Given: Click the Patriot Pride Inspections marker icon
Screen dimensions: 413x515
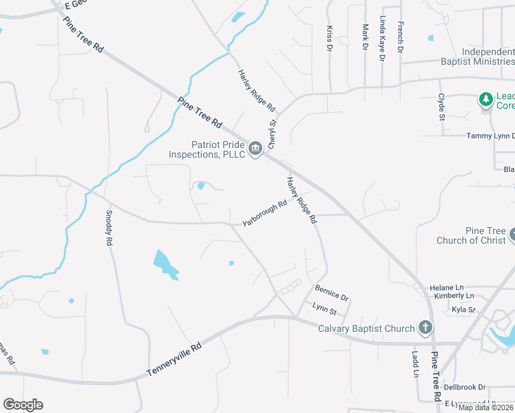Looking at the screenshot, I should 255,149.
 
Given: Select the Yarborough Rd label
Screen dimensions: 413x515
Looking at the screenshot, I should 264,213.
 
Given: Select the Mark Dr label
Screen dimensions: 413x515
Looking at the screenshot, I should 366,37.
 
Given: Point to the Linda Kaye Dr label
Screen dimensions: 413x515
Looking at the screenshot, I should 382,41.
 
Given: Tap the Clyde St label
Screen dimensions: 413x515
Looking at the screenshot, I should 441,109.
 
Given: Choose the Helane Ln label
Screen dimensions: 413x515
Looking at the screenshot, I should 447,287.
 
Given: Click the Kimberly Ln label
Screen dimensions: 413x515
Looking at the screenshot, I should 450,296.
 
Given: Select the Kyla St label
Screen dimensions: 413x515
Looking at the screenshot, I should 463,310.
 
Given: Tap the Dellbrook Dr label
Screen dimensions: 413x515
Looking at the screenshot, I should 465,388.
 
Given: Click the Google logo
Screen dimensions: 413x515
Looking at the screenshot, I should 23,405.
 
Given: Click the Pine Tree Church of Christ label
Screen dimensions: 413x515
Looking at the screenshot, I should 472,235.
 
